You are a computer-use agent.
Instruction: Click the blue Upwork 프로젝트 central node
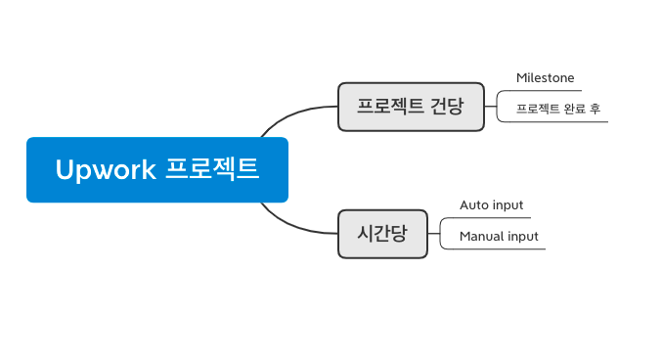coord(157,169)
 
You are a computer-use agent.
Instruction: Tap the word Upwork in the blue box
coord(106,169)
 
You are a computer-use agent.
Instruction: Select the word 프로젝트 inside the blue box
coord(212,169)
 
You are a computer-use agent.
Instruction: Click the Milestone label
coord(545,77)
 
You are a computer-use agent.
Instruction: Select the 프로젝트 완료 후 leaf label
coord(557,109)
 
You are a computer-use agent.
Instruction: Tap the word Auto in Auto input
coord(473,205)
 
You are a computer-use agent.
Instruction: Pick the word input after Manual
coord(521,237)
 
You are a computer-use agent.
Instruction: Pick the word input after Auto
coord(507,205)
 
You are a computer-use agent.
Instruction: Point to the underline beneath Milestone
coord(548,90)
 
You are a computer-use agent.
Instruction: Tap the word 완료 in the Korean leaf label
coord(573,109)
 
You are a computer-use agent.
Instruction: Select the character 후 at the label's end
coord(595,109)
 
